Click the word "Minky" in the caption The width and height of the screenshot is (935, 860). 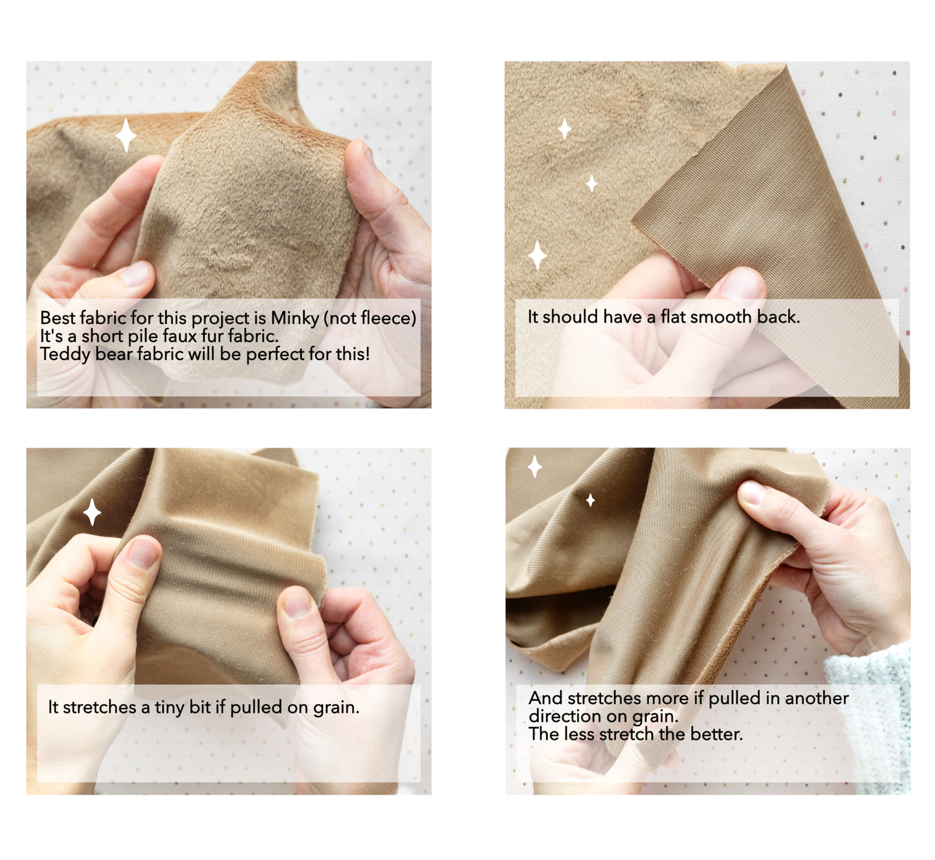pyautogui.click(x=294, y=318)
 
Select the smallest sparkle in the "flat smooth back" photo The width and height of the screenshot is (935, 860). pyautogui.click(x=591, y=184)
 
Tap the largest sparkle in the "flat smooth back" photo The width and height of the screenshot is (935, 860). pyautogui.click(x=538, y=255)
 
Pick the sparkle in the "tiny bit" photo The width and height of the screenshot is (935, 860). pyautogui.click(x=92, y=512)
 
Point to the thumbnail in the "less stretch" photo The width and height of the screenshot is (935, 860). pyautogui.click(x=753, y=493)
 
